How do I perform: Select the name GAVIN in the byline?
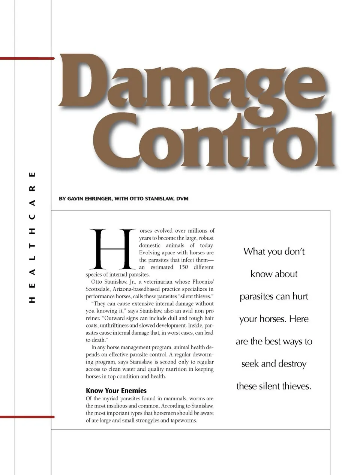coord(78,198)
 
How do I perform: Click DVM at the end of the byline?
coord(182,198)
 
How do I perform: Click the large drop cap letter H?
coord(112,249)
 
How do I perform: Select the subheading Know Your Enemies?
coord(116,391)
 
